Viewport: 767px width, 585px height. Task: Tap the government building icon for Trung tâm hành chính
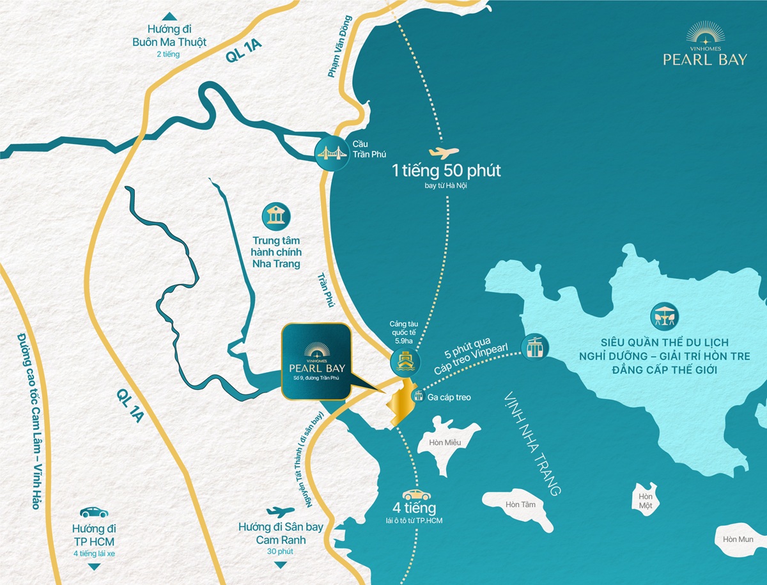pos(277,217)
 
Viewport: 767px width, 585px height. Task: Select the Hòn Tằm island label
pos(515,504)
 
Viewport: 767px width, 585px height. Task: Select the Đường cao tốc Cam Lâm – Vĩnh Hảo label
pos(26,421)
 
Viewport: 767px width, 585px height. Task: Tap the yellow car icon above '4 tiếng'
pos(416,495)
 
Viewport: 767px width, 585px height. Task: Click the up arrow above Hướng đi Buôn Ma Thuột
pos(169,17)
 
